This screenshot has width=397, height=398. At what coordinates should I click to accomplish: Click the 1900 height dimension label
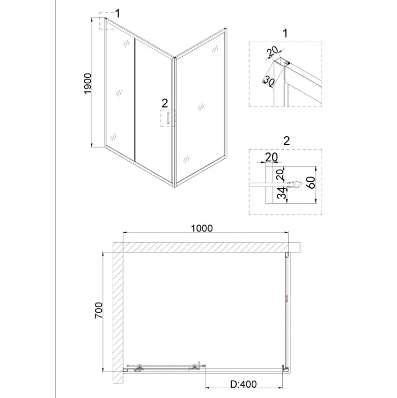point(87,83)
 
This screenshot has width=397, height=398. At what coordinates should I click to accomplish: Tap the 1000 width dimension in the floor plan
point(202,228)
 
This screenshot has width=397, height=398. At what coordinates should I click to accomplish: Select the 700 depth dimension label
point(99,310)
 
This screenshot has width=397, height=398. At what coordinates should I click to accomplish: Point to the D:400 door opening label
point(243,384)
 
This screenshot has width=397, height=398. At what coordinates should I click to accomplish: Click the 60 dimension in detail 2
point(311,183)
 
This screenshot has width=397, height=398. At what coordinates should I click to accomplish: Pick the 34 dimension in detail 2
point(281,193)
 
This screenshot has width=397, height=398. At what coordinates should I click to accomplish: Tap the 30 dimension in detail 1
point(269,81)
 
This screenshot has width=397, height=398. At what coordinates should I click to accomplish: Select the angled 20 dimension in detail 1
point(272,52)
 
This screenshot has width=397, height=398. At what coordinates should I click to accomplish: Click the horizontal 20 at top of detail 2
point(271,157)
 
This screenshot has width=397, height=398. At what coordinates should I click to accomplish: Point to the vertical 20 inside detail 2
point(280,175)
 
